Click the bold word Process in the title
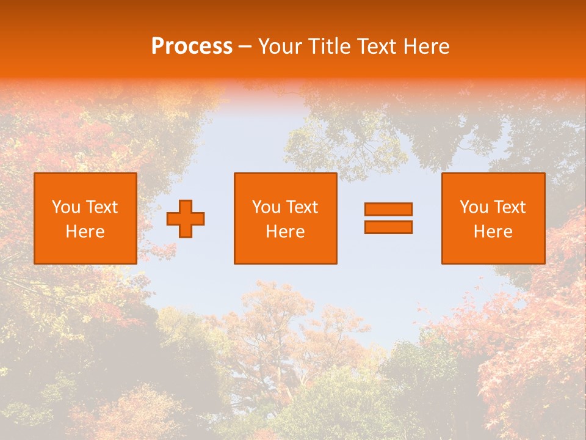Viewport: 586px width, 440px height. coord(192,46)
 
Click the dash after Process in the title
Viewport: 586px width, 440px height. coord(245,47)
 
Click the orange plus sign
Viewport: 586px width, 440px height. coord(186,219)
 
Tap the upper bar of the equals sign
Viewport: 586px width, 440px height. coord(388,209)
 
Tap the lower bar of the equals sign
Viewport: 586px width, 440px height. coord(388,227)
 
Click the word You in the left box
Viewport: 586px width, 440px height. coord(66,207)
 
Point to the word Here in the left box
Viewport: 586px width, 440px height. coord(85,232)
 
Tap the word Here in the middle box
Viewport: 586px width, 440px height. coord(286,232)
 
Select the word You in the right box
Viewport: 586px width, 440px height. coord(474,207)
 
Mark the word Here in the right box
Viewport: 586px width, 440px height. coord(493,232)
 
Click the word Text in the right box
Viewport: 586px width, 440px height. coord(510,207)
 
